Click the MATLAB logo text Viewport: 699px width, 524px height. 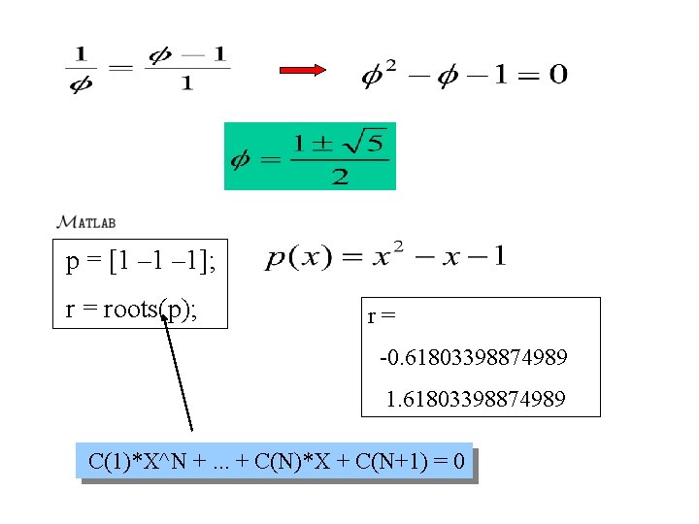(87, 221)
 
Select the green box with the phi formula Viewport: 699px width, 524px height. (310, 155)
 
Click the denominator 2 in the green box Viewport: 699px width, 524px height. (340, 177)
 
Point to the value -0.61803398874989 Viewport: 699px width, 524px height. (474, 358)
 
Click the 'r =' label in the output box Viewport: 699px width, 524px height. (381, 316)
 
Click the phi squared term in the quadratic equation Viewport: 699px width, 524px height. (380, 74)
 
